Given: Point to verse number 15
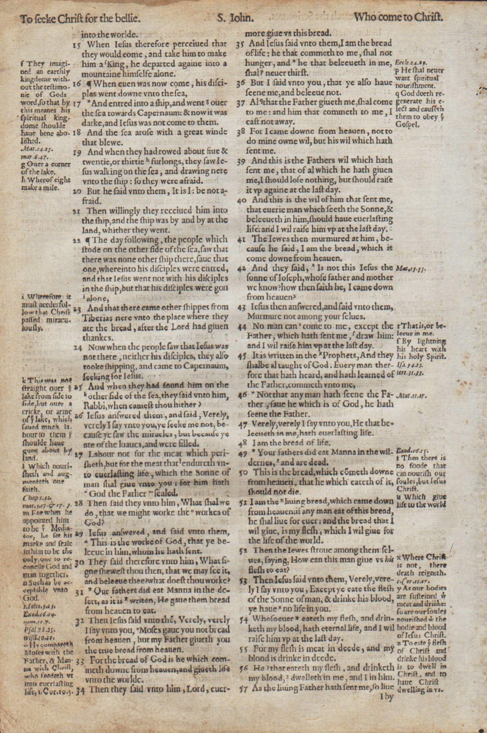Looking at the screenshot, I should click(76, 45).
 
